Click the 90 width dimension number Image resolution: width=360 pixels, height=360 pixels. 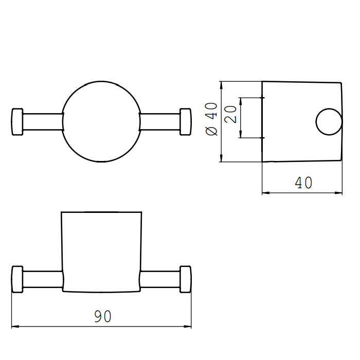(103, 316)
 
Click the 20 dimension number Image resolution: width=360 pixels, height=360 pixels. (231, 114)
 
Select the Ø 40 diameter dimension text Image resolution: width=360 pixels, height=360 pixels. (211, 119)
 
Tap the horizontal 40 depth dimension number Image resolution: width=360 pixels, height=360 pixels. (303, 182)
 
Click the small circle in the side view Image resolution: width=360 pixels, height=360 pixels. (328, 122)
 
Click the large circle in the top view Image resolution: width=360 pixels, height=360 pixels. (101, 122)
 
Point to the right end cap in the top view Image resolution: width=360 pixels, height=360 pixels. (185, 122)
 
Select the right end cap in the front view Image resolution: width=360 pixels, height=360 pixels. (185, 279)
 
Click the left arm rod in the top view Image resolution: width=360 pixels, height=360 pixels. (43, 122)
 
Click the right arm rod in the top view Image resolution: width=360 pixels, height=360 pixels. (159, 122)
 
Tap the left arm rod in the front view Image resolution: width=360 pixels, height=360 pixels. (43, 279)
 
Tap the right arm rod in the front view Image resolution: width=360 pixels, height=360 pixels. (159, 279)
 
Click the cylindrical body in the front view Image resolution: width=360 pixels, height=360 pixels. (101, 249)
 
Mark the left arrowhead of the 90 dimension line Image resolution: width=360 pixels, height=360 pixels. (14, 326)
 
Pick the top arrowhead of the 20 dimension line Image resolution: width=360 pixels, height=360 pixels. (241, 100)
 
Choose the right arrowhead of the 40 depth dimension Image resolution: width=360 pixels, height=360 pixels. (339, 193)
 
